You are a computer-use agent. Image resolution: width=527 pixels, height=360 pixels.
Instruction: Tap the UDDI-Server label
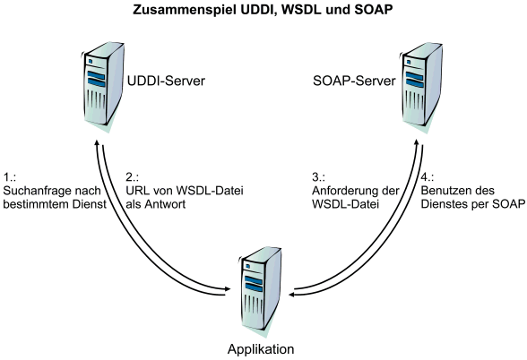point(166,81)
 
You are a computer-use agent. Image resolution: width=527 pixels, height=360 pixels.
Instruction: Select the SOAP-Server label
point(354,81)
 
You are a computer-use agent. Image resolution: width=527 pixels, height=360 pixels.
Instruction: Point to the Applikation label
point(261,349)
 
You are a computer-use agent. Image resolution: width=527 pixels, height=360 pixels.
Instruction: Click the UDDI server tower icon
point(102,88)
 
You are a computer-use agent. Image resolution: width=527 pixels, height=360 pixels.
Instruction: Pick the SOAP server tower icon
point(421,88)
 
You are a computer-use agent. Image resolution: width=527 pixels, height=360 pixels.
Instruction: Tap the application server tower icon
point(260,292)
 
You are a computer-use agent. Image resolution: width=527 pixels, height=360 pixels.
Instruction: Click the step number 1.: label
point(10,177)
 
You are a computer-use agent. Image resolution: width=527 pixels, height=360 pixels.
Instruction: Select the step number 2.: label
point(132,177)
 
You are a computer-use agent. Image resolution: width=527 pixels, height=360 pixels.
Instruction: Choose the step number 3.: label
point(318,177)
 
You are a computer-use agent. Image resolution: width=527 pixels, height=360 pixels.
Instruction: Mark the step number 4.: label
point(428,177)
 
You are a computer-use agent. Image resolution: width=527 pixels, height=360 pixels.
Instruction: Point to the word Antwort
point(165,204)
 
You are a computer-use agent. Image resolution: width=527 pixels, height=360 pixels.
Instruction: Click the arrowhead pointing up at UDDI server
point(97,142)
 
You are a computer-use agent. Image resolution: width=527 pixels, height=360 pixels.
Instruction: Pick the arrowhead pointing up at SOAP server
point(416,142)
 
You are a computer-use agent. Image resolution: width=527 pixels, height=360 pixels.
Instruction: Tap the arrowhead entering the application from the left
point(228,288)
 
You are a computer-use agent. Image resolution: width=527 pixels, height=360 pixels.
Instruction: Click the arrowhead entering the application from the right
point(293,295)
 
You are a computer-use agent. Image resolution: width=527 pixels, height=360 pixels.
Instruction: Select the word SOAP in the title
point(373,10)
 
